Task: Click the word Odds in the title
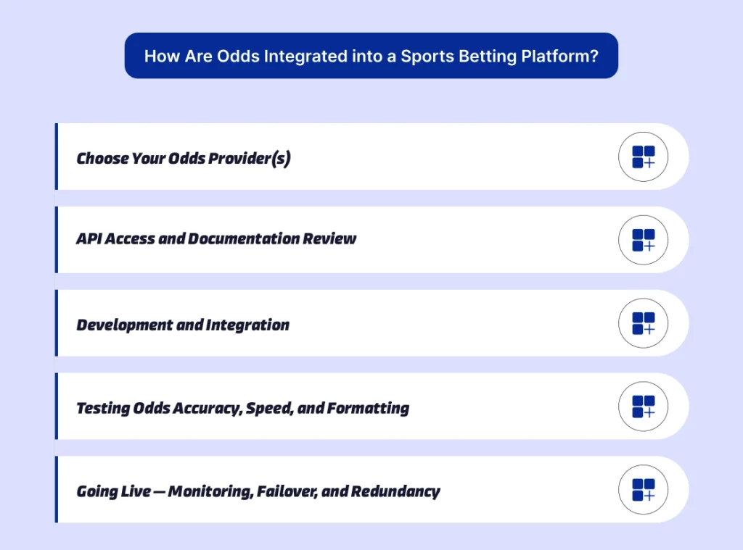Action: tap(233, 56)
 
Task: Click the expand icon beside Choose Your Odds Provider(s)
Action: tap(643, 157)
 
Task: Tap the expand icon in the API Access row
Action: tap(643, 240)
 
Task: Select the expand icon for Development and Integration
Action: tap(643, 323)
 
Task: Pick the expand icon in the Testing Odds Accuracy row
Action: tap(643, 407)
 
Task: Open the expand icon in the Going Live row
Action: tap(643, 490)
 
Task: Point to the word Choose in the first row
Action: tap(102, 158)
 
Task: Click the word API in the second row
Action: tap(89, 238)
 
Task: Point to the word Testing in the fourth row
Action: tap(103, 408)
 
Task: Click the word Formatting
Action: tap(369, 408)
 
